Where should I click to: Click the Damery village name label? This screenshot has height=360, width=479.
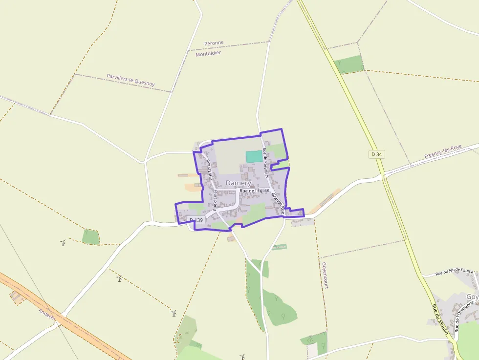[238, 183]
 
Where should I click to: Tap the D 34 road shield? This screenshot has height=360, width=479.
[376, 154]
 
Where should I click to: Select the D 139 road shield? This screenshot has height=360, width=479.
[196, 220]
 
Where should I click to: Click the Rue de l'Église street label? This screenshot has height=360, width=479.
[255, 190]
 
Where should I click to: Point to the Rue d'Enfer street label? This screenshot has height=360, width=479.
[210, 169]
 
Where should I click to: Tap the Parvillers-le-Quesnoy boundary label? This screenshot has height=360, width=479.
[131, 80]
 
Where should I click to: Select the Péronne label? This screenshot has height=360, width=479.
[214, 43]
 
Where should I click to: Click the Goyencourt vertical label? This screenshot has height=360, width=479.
[325, 275]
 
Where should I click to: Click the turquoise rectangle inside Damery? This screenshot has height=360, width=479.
[254, 156]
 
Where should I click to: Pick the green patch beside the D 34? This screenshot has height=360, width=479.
[350, 64]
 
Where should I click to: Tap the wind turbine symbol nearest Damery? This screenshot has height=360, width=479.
[119, 278]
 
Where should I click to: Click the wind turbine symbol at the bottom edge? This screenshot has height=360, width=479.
[241, 357]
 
